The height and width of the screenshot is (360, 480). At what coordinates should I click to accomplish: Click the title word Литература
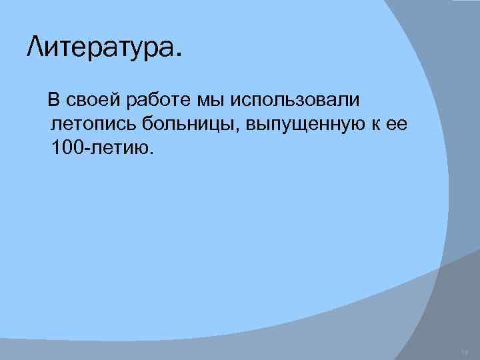coord(99,47)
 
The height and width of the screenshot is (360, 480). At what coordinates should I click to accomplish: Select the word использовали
coord(295,101)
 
